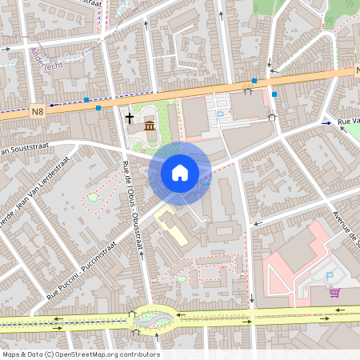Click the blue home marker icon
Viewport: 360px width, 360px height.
180,172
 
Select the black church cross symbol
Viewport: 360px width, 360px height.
130,118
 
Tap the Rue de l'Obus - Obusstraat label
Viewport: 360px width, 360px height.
130,206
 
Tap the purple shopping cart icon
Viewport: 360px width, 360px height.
334,292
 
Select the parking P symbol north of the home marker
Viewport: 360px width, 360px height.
220,114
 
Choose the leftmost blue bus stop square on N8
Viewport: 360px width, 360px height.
86,100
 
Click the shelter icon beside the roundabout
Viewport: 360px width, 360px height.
131,313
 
